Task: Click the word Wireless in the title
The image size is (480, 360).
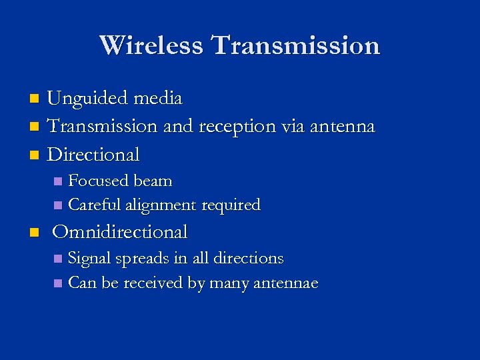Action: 152,45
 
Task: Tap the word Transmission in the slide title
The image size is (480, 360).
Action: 295,45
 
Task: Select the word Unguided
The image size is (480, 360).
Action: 88,99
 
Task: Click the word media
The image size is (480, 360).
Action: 157,99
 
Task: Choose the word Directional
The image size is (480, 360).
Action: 94,155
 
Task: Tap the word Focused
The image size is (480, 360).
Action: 99,181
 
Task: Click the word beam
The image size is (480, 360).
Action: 153,181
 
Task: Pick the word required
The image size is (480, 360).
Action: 230,205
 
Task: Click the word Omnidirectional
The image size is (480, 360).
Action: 120,232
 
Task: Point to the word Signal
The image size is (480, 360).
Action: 91,259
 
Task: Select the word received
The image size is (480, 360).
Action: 153,283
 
